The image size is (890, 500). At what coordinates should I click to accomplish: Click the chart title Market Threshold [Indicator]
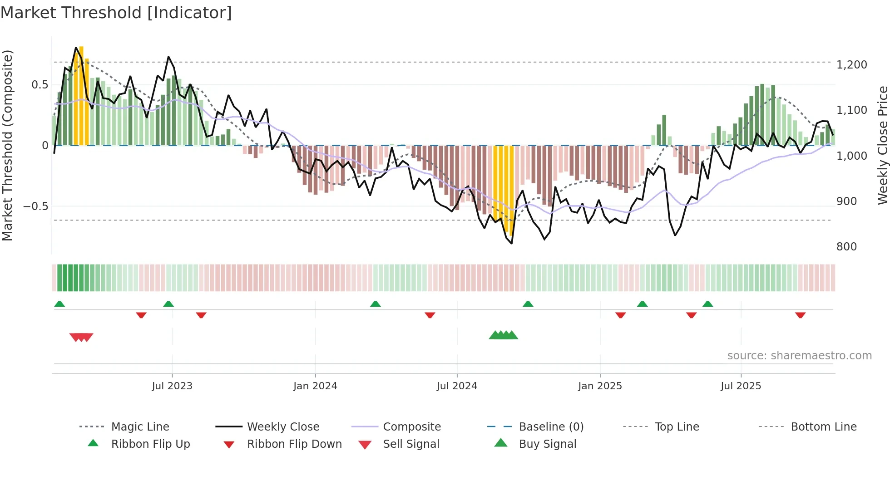click(116, 13)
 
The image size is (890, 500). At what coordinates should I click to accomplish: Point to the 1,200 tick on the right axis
click(851, 65)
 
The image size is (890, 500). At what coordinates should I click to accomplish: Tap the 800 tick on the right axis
click(846, 247)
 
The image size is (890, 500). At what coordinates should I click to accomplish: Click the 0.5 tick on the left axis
click(40, 85)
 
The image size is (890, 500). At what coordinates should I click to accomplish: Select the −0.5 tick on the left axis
click(35, 206)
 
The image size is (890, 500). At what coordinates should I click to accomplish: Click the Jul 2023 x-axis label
click(172, 386)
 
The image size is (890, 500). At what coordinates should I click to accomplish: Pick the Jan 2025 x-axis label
click(600, 386)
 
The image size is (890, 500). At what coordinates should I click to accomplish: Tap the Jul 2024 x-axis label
click(457, 386)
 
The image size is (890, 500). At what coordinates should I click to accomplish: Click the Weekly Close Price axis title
click(882, 145)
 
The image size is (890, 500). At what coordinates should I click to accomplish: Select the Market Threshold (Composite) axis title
click(7, 145)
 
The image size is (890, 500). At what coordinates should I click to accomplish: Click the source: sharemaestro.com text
click(799, 356)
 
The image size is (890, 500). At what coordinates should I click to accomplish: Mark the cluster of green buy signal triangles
click(503, 335)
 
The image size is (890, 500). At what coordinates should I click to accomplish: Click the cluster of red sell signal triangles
click(81, 337)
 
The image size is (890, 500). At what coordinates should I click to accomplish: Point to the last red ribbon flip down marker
click(800, 315)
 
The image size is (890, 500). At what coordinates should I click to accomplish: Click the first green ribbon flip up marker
click(59, 304)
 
